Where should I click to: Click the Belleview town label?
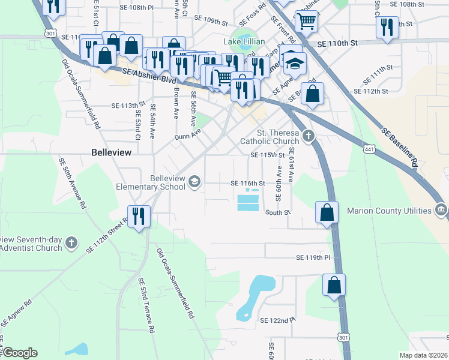pyautogui.click(x=111, y=152)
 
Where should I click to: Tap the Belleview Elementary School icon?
pyautogui.click(x=194, y=181)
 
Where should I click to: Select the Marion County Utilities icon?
pyautogui.click(x=441, y=210)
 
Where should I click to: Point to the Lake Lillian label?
pyautogui.click(x=244, y=41)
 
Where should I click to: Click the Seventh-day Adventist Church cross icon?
pyautogui.click(x=71, y=242)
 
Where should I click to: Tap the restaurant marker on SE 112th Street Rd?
pyautogui.click(x=139, y=217)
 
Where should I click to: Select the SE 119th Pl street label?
pyautogui.click(x=313, y=257)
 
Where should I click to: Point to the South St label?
pyautogui.click(x=278, y=212)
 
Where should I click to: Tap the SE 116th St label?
pyautogui.click(x=249, y=183)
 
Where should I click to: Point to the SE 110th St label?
pyautogui.click(x=337, y=44)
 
